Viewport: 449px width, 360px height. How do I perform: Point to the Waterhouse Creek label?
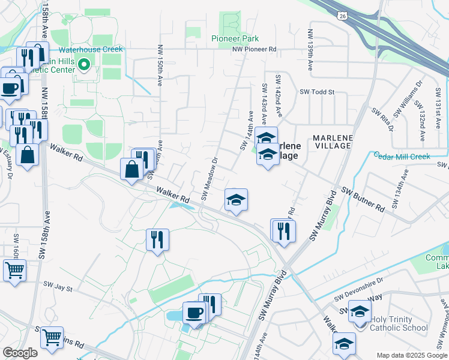(x=90, y=49)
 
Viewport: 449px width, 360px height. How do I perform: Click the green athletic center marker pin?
(x=85, y=64)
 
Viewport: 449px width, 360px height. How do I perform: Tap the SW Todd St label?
(x=316, y=92)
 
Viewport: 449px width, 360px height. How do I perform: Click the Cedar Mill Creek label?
(x=402, y=156)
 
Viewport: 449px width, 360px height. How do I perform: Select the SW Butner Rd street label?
(x=363, y=199)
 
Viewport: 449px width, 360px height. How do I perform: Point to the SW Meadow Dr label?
(x=208, y=178)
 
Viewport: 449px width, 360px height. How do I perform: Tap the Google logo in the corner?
(x=20, y=353)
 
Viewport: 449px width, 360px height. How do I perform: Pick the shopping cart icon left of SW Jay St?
(x=14, y=269)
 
